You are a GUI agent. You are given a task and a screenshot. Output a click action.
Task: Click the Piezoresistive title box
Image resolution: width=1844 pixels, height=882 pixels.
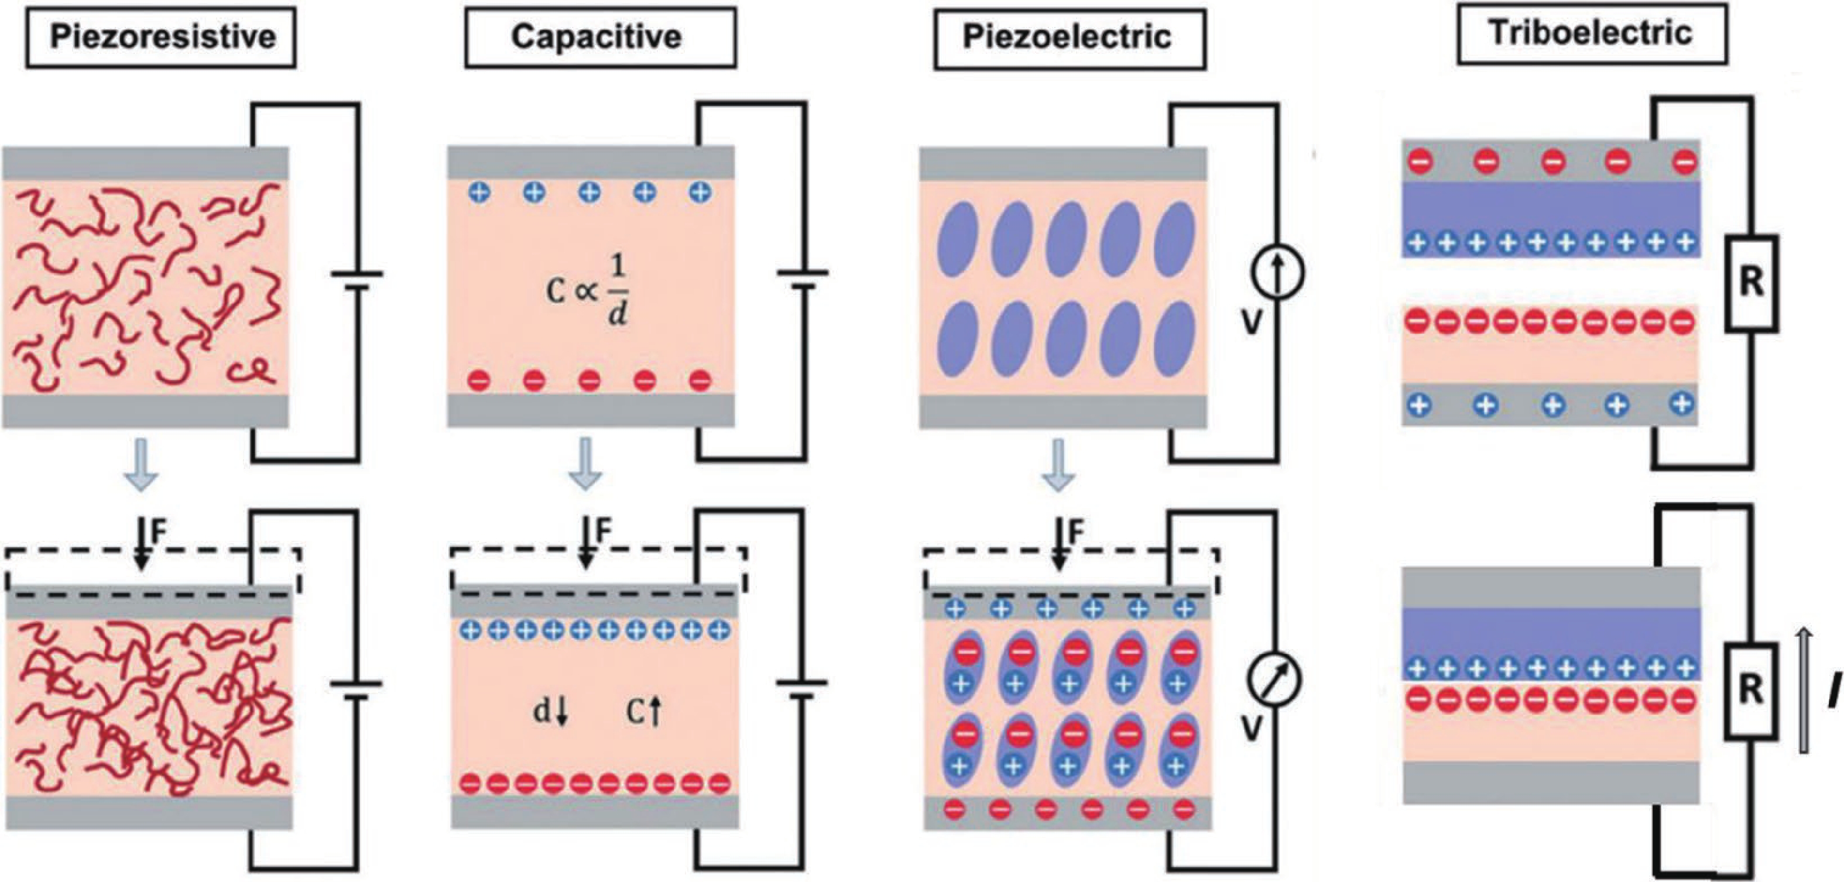(x=161, y=37)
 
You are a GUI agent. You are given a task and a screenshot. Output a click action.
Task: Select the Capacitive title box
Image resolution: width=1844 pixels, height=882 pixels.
(x=600, y=37)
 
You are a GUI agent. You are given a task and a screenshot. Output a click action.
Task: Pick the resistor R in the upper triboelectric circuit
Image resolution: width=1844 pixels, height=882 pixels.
(x=1751, y=283)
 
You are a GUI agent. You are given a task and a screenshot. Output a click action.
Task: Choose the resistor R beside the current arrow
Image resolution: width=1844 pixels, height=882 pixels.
(x=1750, y=690)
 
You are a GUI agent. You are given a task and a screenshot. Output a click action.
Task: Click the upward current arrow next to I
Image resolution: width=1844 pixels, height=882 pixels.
(x=1805, y=690)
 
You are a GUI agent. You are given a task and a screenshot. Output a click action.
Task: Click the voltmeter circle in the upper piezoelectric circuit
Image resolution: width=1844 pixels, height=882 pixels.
(x=1278, y=272)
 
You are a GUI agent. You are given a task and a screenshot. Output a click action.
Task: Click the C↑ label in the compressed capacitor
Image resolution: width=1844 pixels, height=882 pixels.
(x=645, y=711)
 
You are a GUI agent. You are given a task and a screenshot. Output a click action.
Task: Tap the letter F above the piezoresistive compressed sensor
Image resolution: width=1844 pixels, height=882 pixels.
(x=159, y=532)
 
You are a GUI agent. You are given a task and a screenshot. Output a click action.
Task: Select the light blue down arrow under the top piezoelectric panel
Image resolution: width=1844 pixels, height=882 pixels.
(x=1058, y=465)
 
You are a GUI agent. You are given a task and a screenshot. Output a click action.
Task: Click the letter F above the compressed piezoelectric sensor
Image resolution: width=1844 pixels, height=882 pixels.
(x=1075, y=532)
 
